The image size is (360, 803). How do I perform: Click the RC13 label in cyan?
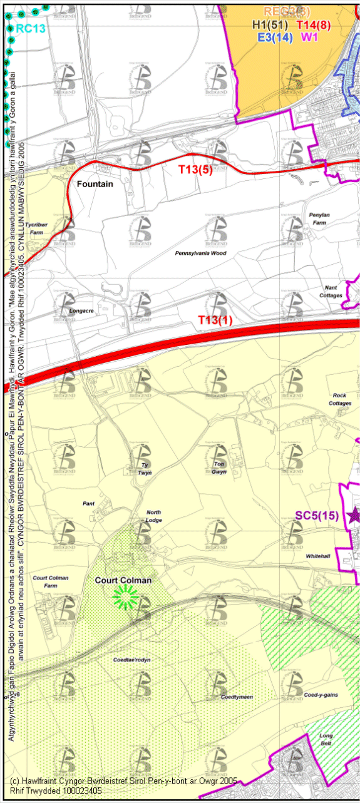[x=29, y=29]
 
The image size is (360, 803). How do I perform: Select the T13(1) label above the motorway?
[x=215, y=320]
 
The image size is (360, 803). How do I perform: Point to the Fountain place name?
[x=95, y=185]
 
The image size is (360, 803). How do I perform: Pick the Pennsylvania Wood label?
[x=201, y=253]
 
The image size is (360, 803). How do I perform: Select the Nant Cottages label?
[x=331, y=291]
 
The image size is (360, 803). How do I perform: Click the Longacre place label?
[x=81, y=310]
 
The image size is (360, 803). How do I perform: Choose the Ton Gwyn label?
[x=219, y=468]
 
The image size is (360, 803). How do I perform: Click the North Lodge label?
[x=153, y=516]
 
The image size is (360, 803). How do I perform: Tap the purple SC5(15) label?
[x=317, y=516]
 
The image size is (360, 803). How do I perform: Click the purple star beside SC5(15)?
[x=354, y=515]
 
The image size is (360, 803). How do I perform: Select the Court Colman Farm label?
[x=51, y=581]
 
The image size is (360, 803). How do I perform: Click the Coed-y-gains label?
[x=321, y=695]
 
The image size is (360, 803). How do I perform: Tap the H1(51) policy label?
[x=270, y=25]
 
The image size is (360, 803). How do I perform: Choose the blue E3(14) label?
[x=275, y=37]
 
